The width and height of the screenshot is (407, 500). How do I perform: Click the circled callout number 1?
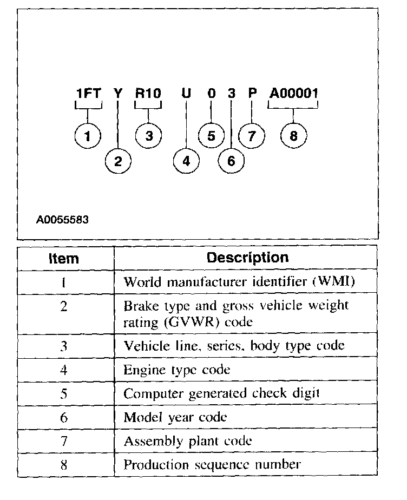pos(88,136)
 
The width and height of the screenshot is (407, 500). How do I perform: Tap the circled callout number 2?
pos(118,161)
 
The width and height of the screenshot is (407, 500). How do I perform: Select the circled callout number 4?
pos(186,161)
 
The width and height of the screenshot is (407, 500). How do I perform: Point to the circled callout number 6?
pos(231,161)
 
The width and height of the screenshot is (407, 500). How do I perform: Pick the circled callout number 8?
pos(293,136)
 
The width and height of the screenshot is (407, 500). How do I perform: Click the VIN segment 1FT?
pos(88,94)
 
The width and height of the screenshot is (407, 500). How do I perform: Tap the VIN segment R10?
pos(148,94)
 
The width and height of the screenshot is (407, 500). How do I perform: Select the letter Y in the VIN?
pos(118,94)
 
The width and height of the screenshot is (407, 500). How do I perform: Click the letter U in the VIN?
pos(186,94)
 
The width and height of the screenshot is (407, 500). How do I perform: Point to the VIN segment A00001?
pos(293,94)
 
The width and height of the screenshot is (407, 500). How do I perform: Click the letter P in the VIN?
pos(252,93)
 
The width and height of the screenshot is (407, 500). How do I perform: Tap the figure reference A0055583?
pos(62,220)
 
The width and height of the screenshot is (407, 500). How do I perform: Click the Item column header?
pos(64,258)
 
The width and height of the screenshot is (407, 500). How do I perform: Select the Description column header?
pos(247,258)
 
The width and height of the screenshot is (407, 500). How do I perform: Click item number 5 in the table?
pos(64,394)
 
